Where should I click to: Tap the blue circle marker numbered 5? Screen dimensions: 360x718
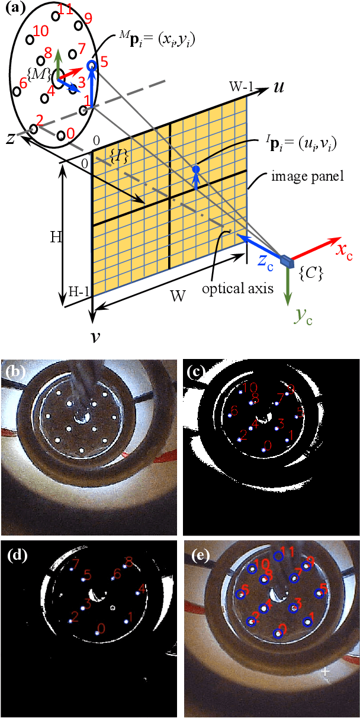[91, 66]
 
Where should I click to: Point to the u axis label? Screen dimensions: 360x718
[278, 88]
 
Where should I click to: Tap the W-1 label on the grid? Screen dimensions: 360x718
[243, 88]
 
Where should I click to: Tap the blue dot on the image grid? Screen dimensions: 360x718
[196, 170]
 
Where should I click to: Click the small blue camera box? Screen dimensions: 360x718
[287, 259]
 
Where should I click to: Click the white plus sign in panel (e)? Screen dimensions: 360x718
[325, 671]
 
